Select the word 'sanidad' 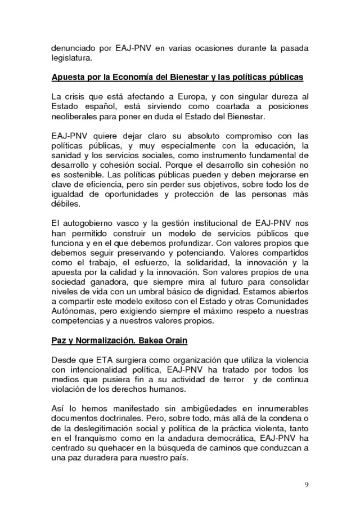point(66,155)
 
